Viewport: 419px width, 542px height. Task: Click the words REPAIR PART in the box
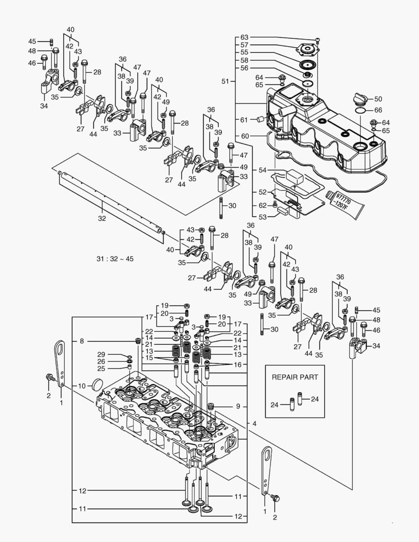click(296, 376)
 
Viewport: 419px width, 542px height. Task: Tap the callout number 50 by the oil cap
click(378, 99)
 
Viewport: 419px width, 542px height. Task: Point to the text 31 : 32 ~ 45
click(115, 259)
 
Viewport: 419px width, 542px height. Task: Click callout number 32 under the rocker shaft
click(102, 218)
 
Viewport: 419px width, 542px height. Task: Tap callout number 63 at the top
click(244, 37)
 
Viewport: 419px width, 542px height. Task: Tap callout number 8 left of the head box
click(81, 341)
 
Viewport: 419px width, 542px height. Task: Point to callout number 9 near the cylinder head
click(238, 406)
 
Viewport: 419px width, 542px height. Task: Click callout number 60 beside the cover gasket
click(244, 136)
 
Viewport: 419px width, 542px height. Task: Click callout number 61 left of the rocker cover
click(244, 119)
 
